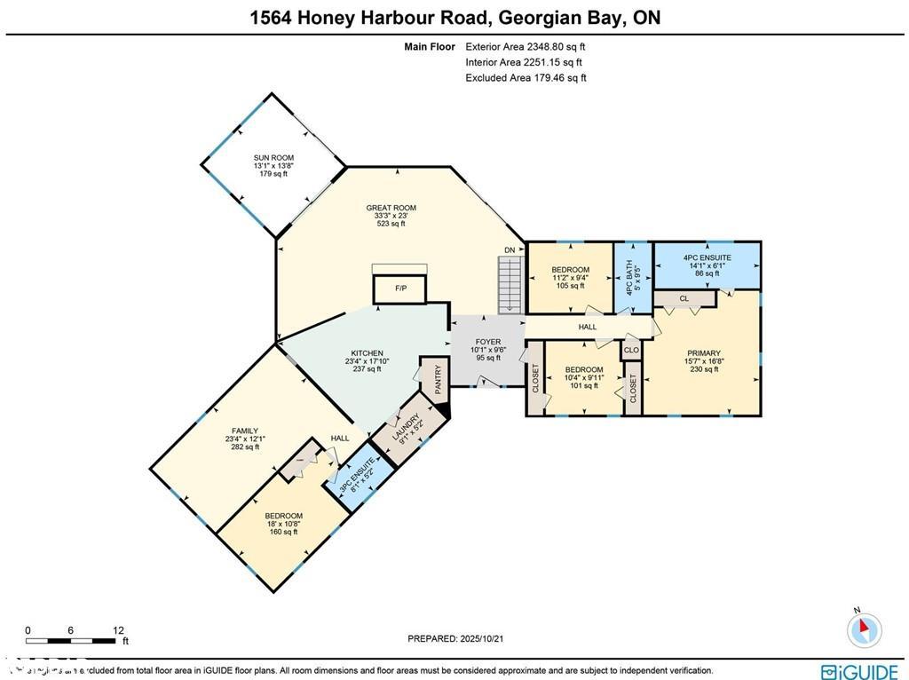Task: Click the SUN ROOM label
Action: (275, 165)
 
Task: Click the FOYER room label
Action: (487, 350)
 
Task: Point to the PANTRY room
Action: (437, 380)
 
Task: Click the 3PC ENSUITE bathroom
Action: (360, 478)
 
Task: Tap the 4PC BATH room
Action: (633, 277)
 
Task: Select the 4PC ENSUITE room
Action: (707, 265)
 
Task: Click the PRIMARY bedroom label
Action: (703, 361)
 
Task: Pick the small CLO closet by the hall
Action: (631, 350)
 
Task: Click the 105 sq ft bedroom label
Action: (570, 277)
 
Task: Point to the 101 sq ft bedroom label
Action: (584, 377)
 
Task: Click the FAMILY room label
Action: (246, 439)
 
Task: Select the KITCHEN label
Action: (367, 360)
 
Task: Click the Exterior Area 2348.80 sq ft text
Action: (525, 46)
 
